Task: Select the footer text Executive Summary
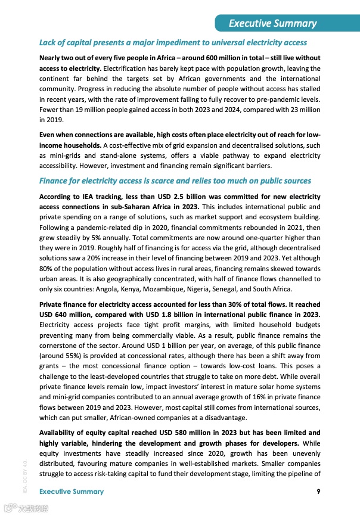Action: pyautogui.click(x=71, y=492)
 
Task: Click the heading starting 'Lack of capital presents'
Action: pyautogui.click(x=173, y=43)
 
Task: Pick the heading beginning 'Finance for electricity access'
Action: pyautogui.click(x=175, y=181)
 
